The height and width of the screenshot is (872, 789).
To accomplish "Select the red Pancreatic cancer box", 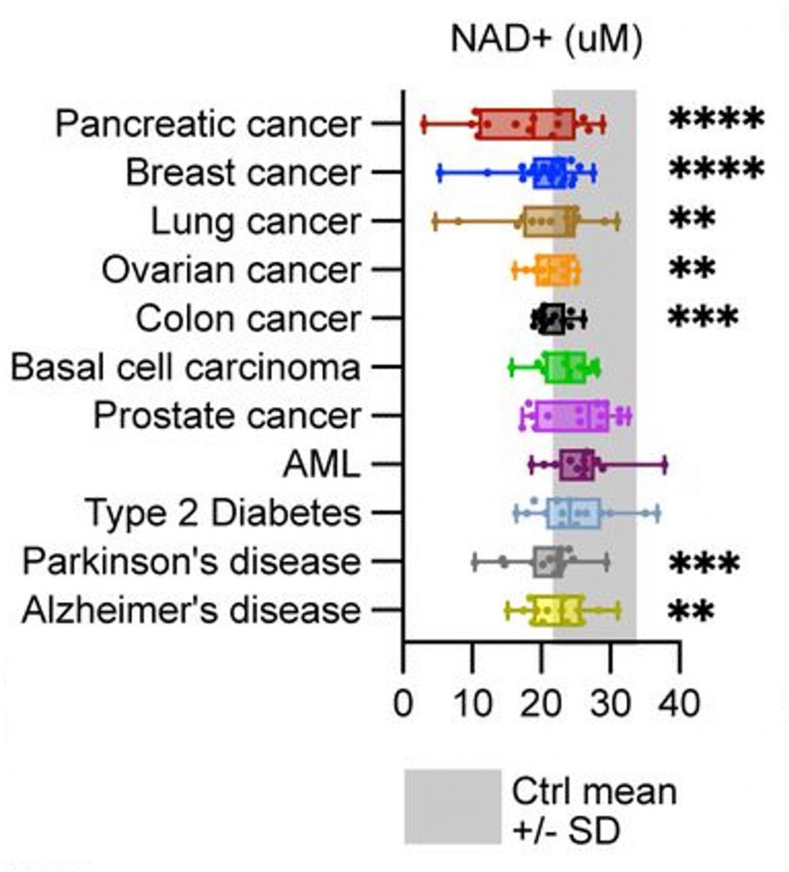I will pos(524,124).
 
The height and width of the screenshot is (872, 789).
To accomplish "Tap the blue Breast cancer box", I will pos(549,174).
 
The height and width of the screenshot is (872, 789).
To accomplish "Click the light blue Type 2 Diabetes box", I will pos(573,513).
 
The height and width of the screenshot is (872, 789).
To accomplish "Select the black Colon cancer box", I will pos(552,319).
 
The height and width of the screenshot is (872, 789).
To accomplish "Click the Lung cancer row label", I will pos(256,222).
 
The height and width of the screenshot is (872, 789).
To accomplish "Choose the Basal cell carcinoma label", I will pos(185,368).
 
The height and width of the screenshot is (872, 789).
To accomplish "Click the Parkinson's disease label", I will pos(191,562).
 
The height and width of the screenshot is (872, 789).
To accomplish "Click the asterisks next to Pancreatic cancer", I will pos(714,120).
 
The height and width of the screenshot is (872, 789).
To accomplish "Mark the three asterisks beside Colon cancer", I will pos(702,318).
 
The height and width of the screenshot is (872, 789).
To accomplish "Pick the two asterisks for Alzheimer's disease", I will pos(691,611).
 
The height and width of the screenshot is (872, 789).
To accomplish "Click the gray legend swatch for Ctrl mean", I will pos(452,806).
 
